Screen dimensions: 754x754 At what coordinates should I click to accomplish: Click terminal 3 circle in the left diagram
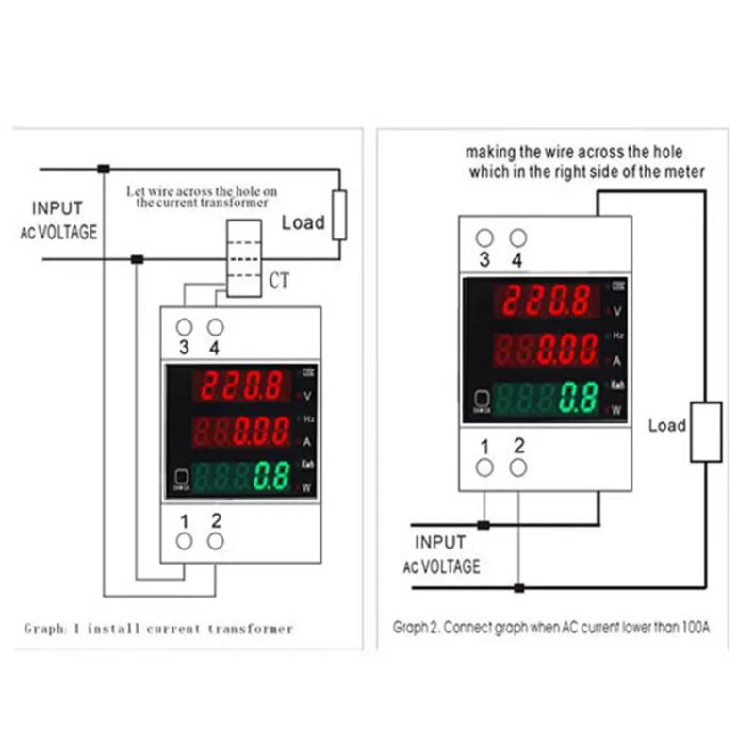pos(185,327)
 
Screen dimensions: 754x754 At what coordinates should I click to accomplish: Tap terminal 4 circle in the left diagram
pos(216,327)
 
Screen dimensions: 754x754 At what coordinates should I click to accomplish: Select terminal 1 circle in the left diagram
pos(185,540)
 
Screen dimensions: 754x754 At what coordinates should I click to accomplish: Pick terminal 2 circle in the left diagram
pos(216,540)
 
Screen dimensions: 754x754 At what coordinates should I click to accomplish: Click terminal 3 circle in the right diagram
pos(485,238)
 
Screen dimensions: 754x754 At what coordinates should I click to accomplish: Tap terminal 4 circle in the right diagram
pos(516,238)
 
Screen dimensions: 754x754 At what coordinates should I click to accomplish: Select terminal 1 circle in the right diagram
pos(485,467)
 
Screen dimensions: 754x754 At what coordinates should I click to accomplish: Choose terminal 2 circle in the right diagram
pos(517,467)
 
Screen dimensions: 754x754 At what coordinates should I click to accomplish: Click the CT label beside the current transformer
pos(280,281)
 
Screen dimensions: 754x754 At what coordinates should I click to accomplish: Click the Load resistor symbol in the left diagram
pos(338,215)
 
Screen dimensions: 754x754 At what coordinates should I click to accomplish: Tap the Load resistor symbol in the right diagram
pos(706,432)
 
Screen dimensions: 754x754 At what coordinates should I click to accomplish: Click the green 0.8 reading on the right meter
pos(577,398)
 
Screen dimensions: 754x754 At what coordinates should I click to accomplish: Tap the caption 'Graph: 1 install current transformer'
pos(158,628)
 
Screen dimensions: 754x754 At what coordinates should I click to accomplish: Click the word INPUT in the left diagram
pos(57,208)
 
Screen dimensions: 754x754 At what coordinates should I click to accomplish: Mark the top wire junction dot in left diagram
pos(104,170)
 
